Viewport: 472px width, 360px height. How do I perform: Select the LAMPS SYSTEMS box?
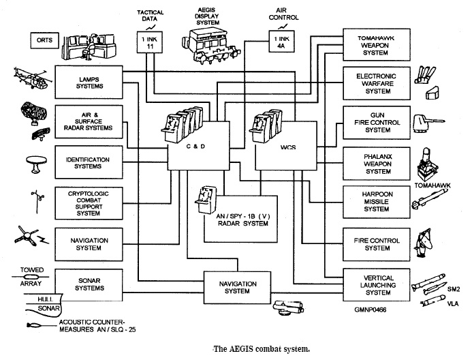point(90,82)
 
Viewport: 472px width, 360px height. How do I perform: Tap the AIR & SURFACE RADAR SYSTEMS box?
point(90,120)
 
